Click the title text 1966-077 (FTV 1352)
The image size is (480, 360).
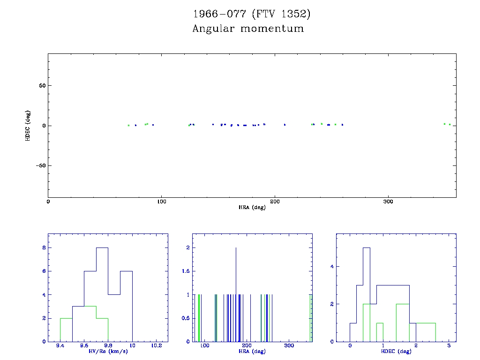pyautogui.click(x=252, y=14)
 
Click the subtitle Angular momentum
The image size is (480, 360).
pyautogui.click(x=248, y=29)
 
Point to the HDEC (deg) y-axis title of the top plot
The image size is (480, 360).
pyautogui.click(x=28, y=126)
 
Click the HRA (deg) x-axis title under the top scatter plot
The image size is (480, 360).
pyautogui.click(x=252, y=207)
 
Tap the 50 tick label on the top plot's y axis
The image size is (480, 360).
pyautogui.click(x=41, y=86)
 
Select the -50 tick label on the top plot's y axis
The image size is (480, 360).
pyautogui.click(x=39, y=166)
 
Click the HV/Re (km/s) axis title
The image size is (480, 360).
pyautogui.click(x=108, y=352)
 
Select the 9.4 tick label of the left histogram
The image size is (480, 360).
pyautogui.click(x=60, y=346)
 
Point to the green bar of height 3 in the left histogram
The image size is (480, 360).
pyautogui.click(x=90, y=323)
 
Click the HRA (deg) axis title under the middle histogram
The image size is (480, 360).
pyautogui.click(x=252, y=352)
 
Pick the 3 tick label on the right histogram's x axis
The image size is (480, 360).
pyautogui.click(x=449, y=346)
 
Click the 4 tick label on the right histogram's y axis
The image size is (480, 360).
pyautogui.click(x=331, y=266)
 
